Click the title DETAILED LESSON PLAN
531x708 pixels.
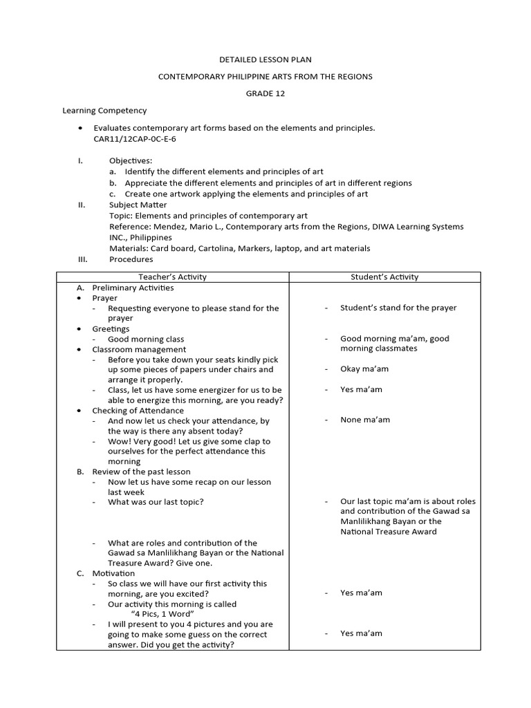(266, 59)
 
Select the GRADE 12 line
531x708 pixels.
(265, 93)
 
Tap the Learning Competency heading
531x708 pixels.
(104, 111)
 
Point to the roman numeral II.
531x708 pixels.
(81, 205)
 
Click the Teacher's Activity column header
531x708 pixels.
(172, 277)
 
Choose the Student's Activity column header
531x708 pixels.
(384, 277)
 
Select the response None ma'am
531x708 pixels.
(365, 420)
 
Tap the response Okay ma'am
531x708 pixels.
(364, 369)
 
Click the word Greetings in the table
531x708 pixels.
(111, 329)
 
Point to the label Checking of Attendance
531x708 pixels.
(138, 411)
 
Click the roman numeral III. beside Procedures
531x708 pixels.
(82, 259)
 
